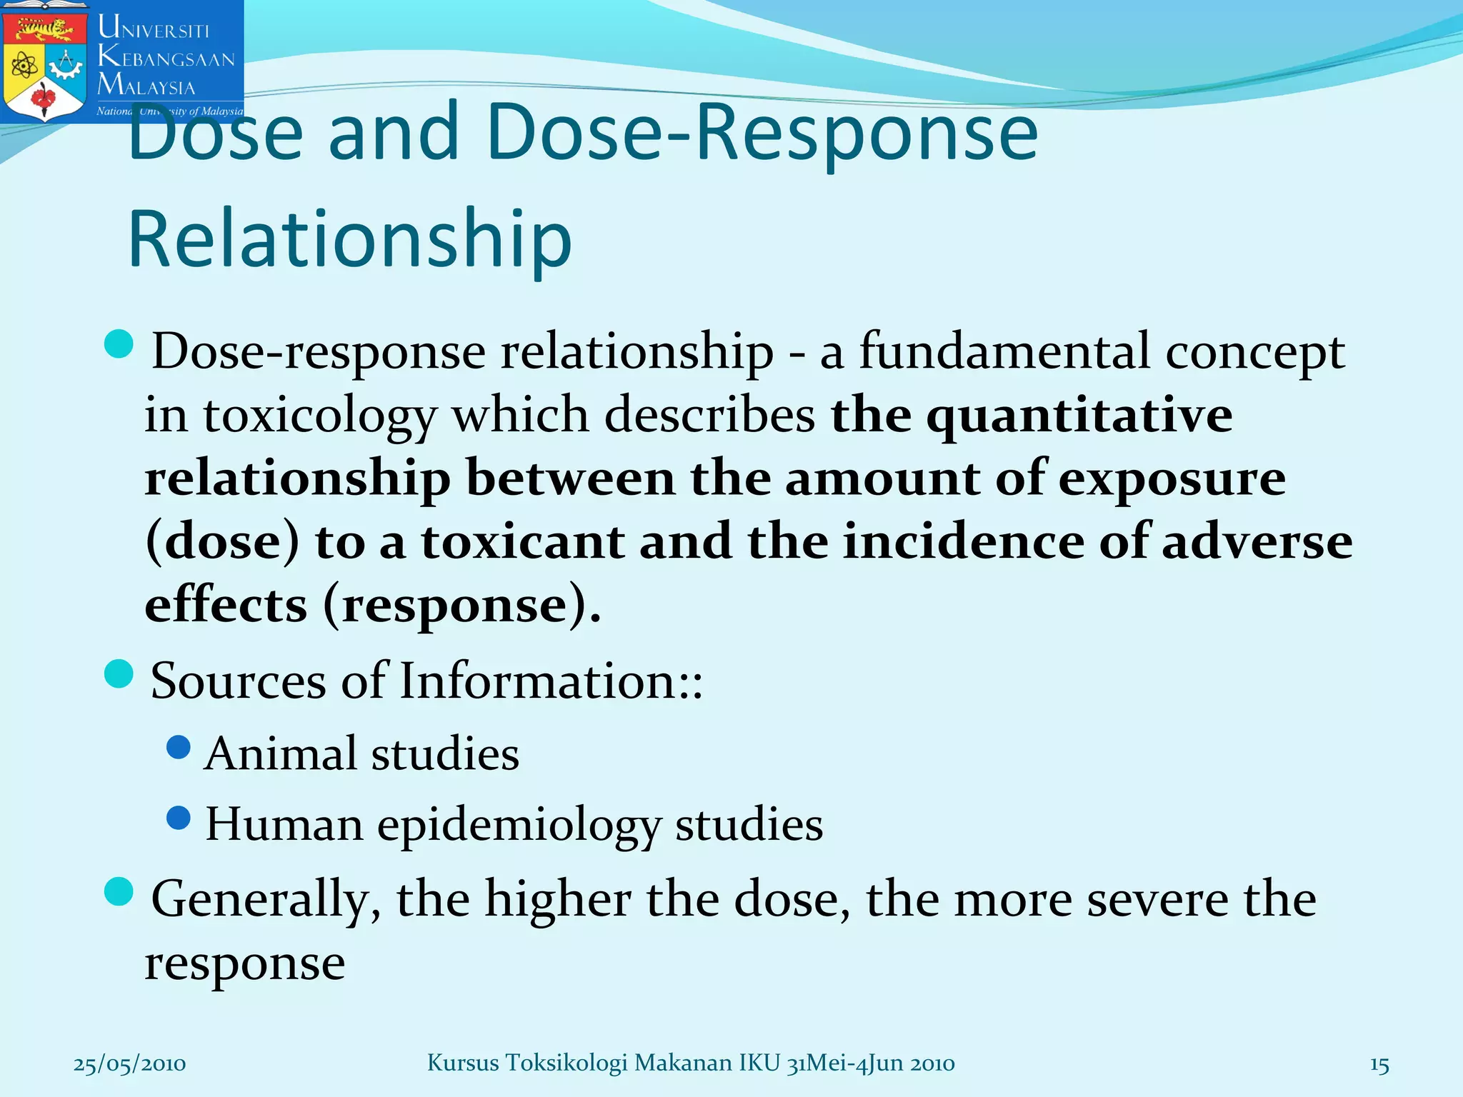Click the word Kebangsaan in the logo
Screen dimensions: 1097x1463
point(166,57)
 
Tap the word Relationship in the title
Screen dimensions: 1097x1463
point(350,239)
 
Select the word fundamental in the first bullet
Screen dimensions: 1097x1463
point(1004,351)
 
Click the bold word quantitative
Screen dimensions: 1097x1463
point(1079,416)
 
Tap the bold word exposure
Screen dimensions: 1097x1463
point(1172,479)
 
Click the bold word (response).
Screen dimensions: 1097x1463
point(461,605)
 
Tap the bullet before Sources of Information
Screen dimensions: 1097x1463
point(119,673)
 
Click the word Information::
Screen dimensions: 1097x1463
point(551,681)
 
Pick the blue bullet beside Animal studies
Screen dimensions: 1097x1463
point(178,747)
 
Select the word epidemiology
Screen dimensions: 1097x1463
point(519,826)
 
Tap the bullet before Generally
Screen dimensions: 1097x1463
point(119,891)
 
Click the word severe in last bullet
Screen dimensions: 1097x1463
point(1157,899)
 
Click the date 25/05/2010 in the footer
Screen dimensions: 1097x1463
point(129,1064)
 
